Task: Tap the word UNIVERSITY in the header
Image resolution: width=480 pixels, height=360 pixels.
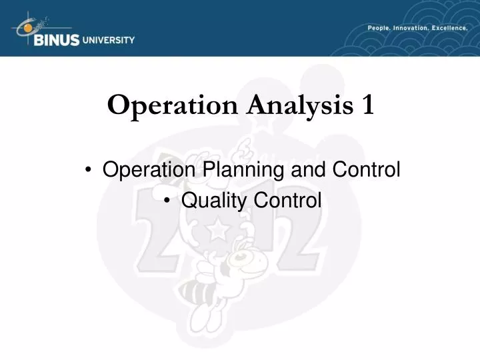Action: [108, 39]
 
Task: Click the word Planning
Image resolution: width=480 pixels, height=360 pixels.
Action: [239, 171]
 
